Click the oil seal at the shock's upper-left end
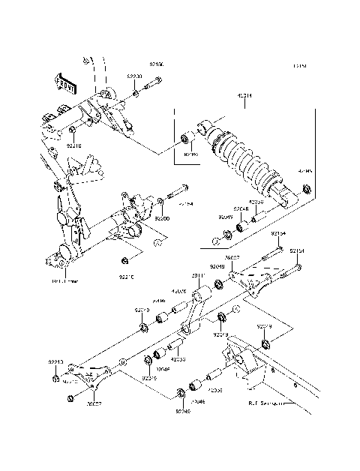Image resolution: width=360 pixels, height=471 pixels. [184, 140]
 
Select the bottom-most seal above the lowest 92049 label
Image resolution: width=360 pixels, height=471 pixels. [181, 392]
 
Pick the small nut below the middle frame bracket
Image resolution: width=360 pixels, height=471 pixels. [125, 260]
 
